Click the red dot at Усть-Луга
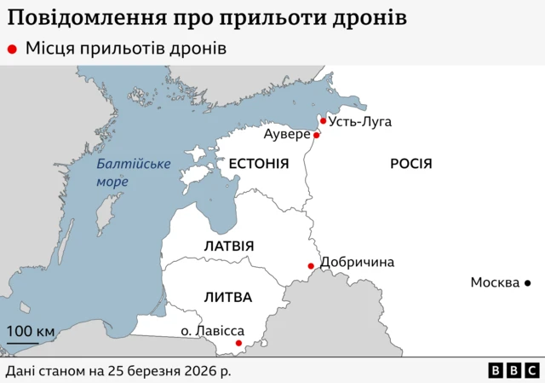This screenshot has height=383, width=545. (323, 121)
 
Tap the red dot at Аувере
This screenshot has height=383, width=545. (316, 135)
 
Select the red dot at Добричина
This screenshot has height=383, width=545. (311, 266)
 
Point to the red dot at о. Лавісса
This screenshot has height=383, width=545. (239, 344)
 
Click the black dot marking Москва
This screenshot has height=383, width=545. (527, 282)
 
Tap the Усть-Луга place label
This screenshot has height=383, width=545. (360, 121)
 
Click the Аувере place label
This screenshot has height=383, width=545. (287, 135)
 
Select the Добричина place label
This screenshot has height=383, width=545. (357, 262)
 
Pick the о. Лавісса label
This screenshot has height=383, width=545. (213, 330)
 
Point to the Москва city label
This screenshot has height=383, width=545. (495, 282)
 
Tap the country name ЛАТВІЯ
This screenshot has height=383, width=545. (229, 246)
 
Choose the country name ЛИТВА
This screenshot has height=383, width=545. (227, 297)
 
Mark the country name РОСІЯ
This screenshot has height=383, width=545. (411, 163)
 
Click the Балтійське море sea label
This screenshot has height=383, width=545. (133, 172)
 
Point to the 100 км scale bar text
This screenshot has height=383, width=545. (31, 331)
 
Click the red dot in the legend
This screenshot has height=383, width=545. (12, 49)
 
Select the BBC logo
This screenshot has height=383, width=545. (513, 370)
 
